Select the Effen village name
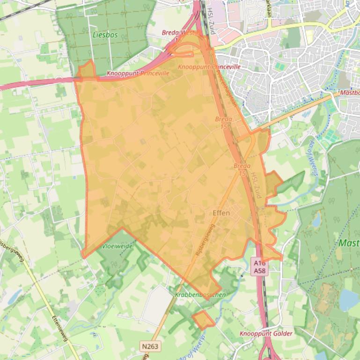point(221,213)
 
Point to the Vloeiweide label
point(118,246)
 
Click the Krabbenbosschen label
point(200,295)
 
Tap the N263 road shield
point(150,346)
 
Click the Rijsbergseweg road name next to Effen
point(205,239)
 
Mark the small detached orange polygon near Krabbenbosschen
point(203,320)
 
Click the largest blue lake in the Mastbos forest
point(348,300)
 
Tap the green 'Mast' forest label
point(348,243)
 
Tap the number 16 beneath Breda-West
point(178,40)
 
